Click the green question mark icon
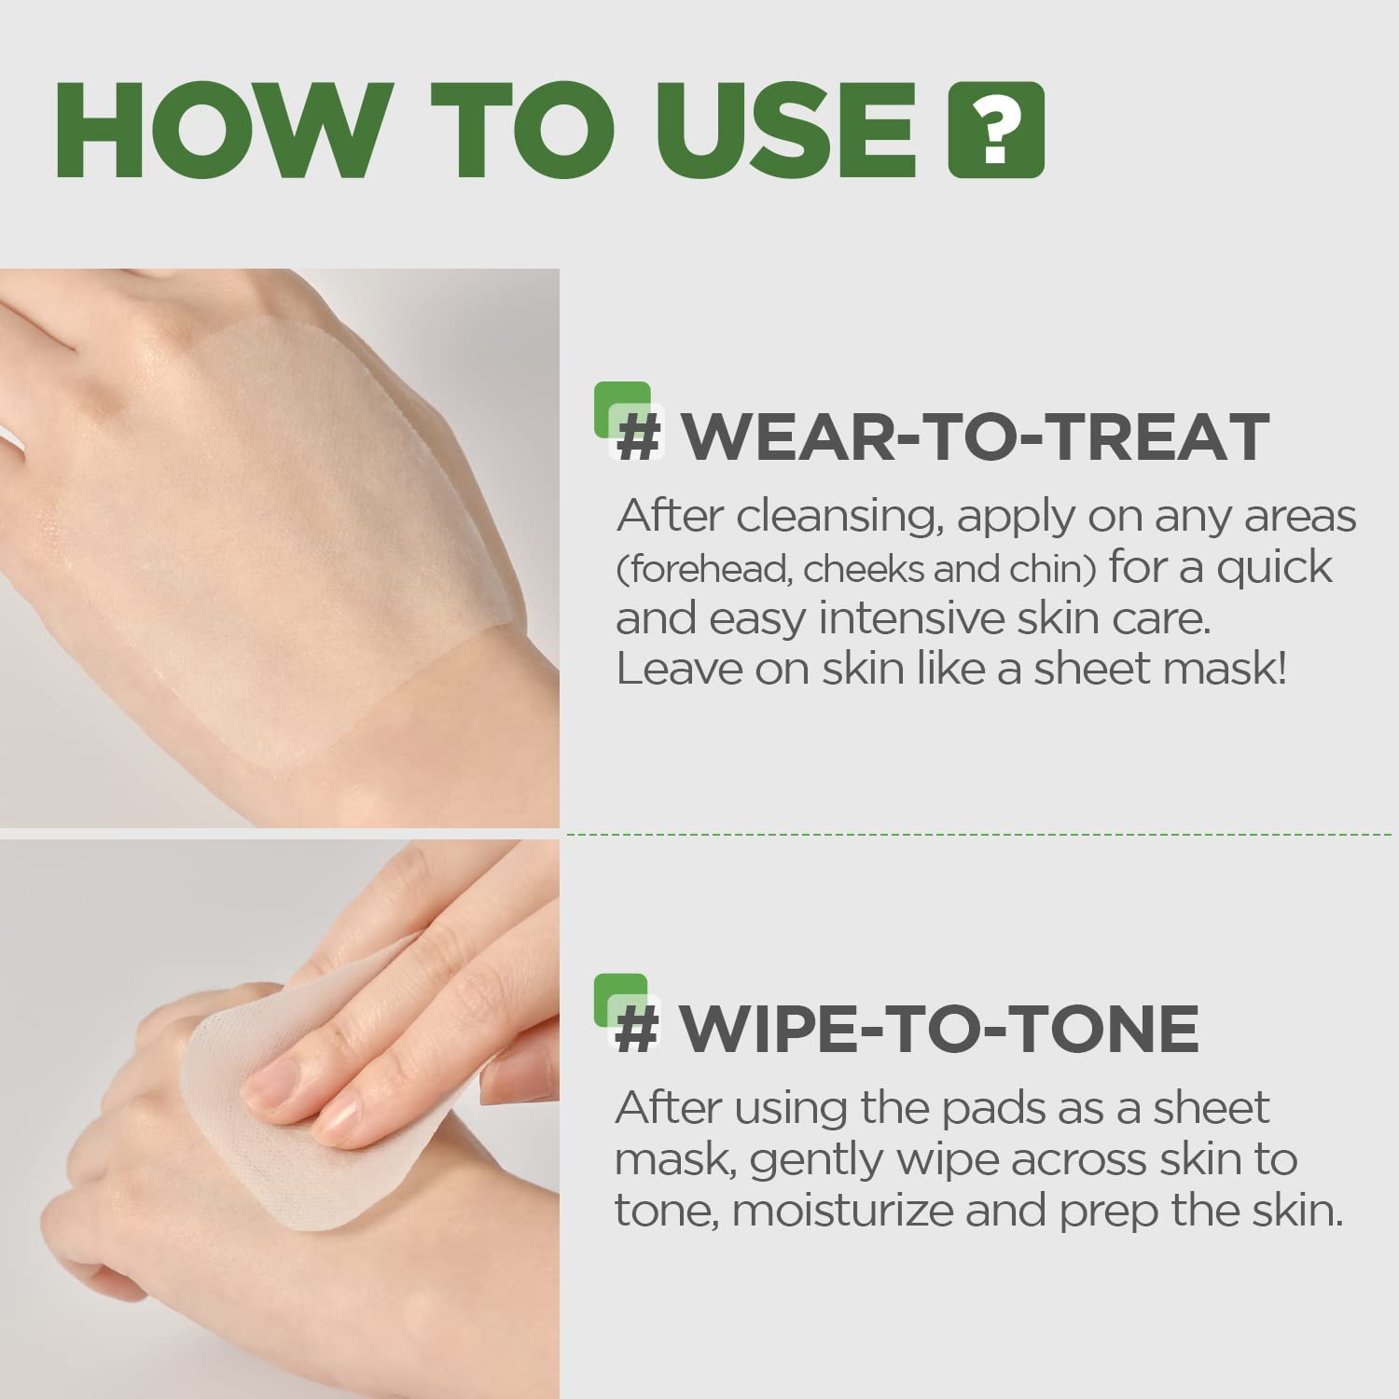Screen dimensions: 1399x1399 pyautogui.click(x=996, y=131)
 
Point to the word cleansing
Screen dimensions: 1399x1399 pyautogui.click(x=836, y=517)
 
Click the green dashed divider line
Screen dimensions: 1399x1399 pyautogui.click(x=979, y=834)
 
